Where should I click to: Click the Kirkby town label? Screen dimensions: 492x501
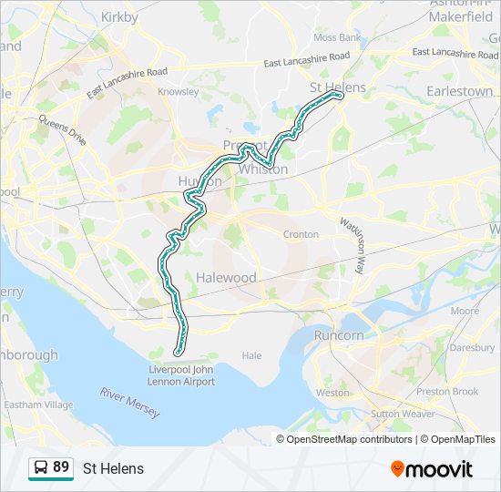click(x=119, y=16)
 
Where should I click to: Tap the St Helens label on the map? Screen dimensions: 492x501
click(x=337, y=87)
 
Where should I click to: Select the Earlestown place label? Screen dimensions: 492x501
click(x=460, y=92)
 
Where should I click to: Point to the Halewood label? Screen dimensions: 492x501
click(x=226, y=277)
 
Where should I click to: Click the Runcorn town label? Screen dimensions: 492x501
click(x=339, y=335)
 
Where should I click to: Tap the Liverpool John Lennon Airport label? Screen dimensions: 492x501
click(x=182, y=375)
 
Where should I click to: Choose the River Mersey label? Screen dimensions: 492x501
click(x=130, y=403)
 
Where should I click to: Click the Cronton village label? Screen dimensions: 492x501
click(x=301, y=234)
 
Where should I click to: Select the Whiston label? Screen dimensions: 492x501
click(x=263, y=169)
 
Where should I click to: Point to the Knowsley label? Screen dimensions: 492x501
click(x=178, y=92)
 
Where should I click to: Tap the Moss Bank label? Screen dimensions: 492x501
click(x=336, y=38)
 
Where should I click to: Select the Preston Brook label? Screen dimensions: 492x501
click(x=446, y=392)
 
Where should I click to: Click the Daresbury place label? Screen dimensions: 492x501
click(x=472, y=347)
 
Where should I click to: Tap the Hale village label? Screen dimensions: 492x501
click(x=251, y=356)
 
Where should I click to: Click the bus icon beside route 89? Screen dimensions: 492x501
click(x=40, y=468)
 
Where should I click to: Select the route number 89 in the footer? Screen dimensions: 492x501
click(x=61, y=467)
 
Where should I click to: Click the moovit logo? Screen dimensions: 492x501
click(x=432, y=469)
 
